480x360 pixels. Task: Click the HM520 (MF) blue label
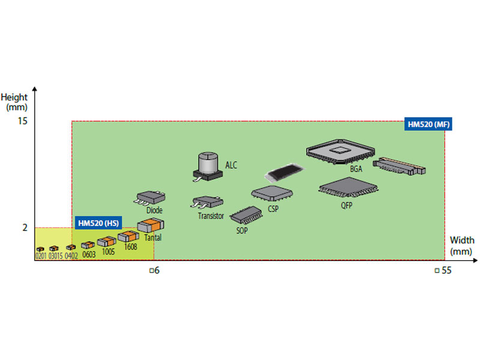click(x=428, y=124)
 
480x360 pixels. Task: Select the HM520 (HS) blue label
click(x=98, y=223)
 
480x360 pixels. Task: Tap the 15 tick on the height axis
click(x=22, y=121)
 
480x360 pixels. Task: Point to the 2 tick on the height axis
click(x=25, y=227)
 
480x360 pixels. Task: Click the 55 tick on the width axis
click(x=443, y=271)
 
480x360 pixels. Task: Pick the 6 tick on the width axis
click(x=154, y=271)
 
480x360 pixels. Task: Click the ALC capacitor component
click(x=208, y=166)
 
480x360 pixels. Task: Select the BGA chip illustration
click(x=340, y=152)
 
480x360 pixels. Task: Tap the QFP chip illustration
click(x=349, y=187)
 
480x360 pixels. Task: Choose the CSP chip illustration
click(x=272, y=193)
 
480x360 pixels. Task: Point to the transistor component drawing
click(x=207, y=202)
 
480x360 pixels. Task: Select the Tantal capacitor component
click(x=151, y=225)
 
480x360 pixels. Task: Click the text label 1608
click(x=130, y=247)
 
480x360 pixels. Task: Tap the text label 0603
click(x=89, y=254)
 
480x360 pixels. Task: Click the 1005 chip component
click(x=107, y=241)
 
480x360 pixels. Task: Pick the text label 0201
click(x=41, y=256)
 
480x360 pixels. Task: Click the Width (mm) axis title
click(x=461, y=246)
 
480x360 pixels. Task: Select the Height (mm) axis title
click(x=14, y=102)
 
